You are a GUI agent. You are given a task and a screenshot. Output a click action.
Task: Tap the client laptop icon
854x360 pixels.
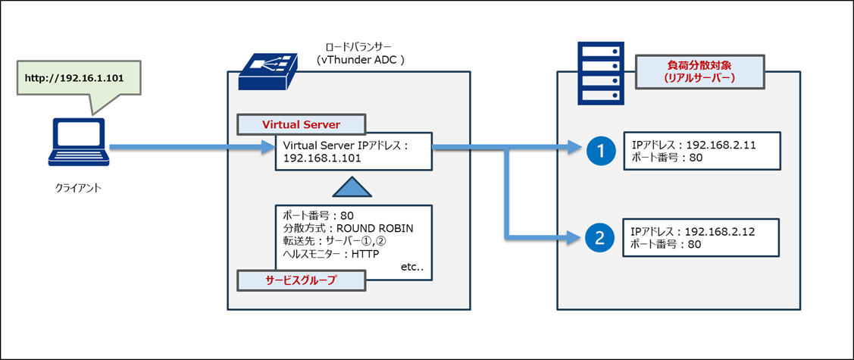79,142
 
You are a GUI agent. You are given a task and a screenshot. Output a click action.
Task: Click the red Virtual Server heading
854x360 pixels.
301,124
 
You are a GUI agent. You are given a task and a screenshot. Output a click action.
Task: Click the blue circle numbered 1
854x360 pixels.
601,152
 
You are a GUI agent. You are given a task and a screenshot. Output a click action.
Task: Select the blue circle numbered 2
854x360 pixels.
600,238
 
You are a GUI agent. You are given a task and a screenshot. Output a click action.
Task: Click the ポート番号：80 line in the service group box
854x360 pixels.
313,215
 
